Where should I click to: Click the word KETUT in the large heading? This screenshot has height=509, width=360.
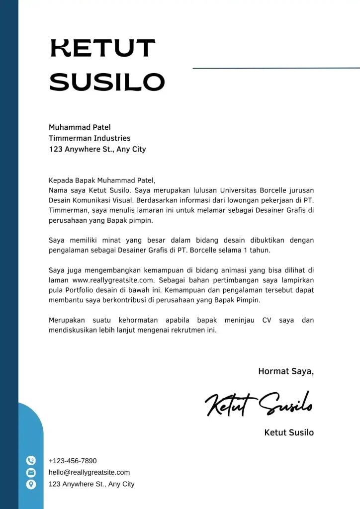pyautogui.click(x=103, y=49)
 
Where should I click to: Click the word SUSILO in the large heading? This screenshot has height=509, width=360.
pyautogui.click(x=107, y=82)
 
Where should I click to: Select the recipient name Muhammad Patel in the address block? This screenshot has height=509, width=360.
pyautogui.click(x=80, y=127)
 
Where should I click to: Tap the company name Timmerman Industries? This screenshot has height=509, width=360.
pyautogui.click(x=90, y=138)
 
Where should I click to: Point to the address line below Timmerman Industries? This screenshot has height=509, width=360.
pyautogui.click(x=97, y=149)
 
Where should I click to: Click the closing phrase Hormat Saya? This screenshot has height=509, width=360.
pyautogui.click(x=286, y=371)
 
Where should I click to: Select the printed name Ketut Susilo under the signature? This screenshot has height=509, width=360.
pyautogui.click(x=289, y=432)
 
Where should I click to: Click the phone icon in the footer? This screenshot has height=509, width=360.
pyautogui.click(x=31, y=461)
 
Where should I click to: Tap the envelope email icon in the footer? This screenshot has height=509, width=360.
pyautogui.click(x=31, y=472)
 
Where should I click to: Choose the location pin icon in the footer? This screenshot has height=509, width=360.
pyautogui.click(x=31, y=484)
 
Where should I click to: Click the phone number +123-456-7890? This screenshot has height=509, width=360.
pyautogui.click(x=73, y=461)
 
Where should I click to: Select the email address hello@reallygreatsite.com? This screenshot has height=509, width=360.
pyautogui.click(x=89, y=472)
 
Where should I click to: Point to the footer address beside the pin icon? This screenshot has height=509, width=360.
pyautogui.click(x=91, y=484)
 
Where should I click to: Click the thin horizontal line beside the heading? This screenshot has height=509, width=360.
pyautogui.click(x=276, y=68)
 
